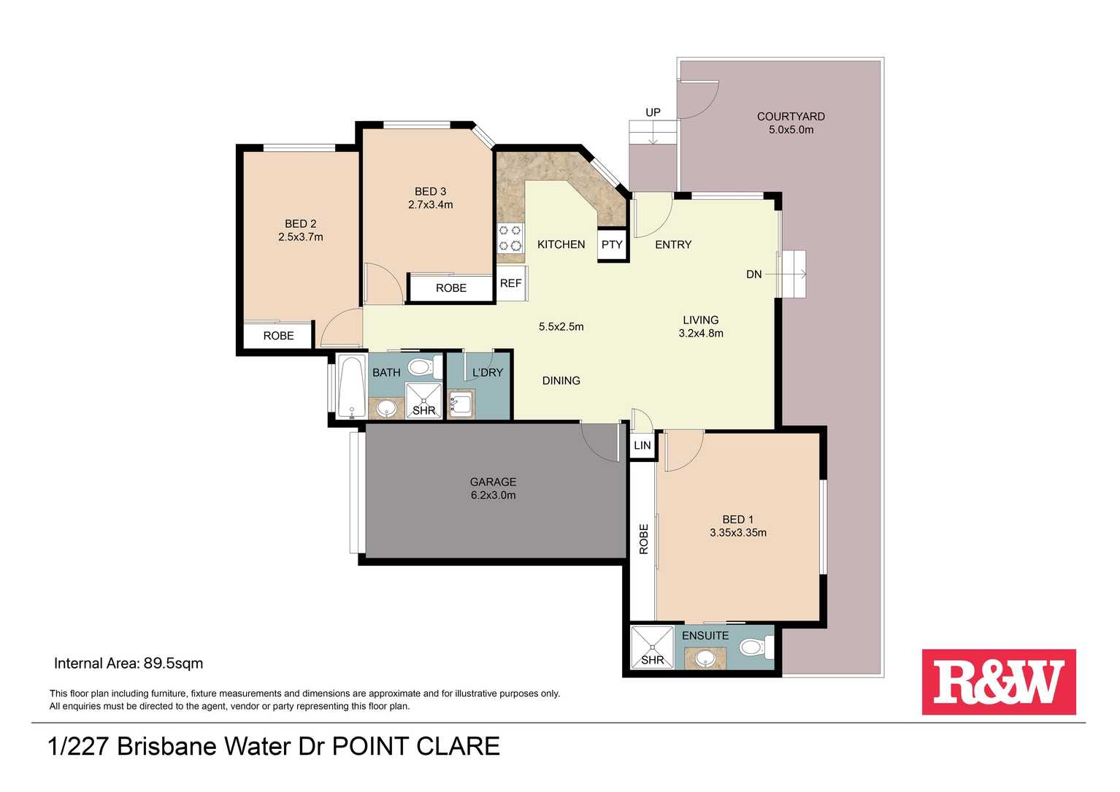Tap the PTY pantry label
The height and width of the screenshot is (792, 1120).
click(x=612, y=245)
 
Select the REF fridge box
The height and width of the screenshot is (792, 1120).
click(x=511, y=283)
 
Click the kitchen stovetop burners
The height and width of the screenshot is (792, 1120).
click(x=510, y=238)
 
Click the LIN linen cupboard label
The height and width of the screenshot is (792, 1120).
click(x=643, y=445)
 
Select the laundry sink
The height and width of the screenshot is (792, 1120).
click(x=461, y=403)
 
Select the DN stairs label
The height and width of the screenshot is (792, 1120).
click(x=754, y=274)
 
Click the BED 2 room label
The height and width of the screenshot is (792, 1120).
click(x=301, y=223)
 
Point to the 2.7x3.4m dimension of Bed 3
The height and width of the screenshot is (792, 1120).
click(x=431, y=204)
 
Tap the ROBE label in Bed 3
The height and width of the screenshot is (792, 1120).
click(x=451, y=288)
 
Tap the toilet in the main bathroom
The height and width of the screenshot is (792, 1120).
click(x=426, y=367)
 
